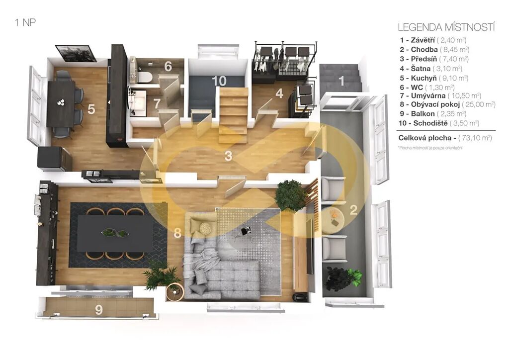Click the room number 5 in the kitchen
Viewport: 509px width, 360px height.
pos(91,109)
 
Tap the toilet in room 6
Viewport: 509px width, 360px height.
pos(145,77)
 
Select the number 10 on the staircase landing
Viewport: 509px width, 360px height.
pos(219,81)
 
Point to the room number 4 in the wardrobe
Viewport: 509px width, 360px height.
pos(279,94)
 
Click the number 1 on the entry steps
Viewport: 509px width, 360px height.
pos(341,81)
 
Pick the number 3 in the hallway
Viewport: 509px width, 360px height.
pos(229,156)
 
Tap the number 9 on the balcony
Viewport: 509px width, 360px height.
pos(99,310)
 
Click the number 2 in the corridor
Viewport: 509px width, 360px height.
pos(353,210)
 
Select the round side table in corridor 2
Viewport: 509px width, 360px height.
pos(334,217)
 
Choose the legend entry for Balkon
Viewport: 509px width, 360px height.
pos(433,114)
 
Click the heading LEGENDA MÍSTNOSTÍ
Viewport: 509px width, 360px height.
pos(446,27)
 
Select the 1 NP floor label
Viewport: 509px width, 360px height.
pos(25,22)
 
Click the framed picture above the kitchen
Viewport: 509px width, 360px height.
pos(76,53)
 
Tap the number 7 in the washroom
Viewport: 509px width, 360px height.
pos(157,103)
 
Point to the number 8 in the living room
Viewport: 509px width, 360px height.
pos(177,233)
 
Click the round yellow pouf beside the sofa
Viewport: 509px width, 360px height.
pos(205,228)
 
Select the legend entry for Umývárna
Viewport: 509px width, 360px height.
pos(440,96)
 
